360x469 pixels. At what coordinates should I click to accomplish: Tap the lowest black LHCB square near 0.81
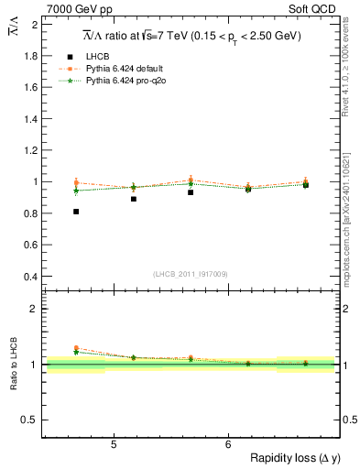point(76,212)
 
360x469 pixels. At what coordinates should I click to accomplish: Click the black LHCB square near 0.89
point(134,199)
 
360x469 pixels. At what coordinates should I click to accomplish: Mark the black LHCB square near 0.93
point(191,192)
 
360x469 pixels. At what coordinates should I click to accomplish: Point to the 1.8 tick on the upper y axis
point(32,56)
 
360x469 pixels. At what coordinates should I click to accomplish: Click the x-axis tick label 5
point(113,445)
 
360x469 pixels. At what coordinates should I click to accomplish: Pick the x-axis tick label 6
point(227,445)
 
